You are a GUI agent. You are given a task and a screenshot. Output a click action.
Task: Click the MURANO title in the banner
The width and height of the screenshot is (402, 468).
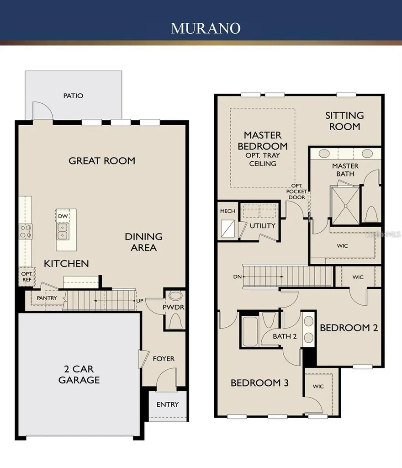click(205, 28)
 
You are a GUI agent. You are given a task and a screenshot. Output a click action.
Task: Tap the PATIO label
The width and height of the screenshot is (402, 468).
click(73, 96)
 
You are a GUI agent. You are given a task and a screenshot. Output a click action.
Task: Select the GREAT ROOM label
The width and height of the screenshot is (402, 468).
click(102, 161)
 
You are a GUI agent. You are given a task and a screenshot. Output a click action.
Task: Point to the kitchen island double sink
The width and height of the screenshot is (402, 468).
click(62, 231)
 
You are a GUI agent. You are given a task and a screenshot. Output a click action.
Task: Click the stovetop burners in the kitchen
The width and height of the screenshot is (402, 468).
click(25, 231)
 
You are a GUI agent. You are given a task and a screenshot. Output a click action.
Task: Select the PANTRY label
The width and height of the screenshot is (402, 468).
click(47, 298)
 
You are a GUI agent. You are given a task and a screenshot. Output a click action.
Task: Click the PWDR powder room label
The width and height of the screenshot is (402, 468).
click(174, 308)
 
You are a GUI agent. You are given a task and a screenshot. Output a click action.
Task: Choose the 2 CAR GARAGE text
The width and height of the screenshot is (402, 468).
click(79, 374)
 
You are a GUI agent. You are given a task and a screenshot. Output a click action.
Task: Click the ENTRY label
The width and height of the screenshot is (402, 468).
click(168, 404)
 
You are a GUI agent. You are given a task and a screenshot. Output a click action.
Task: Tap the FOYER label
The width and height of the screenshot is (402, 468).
click(164, 359)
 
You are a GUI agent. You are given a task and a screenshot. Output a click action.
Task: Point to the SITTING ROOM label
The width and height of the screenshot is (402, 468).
click(345, 121)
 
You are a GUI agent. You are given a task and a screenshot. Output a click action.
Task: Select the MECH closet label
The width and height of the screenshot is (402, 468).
click(227, 211)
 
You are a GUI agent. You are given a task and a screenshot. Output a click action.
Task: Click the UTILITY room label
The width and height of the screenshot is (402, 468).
click(262, 226)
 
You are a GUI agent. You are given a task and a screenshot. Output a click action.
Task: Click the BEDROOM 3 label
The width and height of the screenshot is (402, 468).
click(259, 383)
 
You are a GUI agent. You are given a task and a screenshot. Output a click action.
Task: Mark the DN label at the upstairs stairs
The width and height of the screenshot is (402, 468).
click(236, 277)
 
